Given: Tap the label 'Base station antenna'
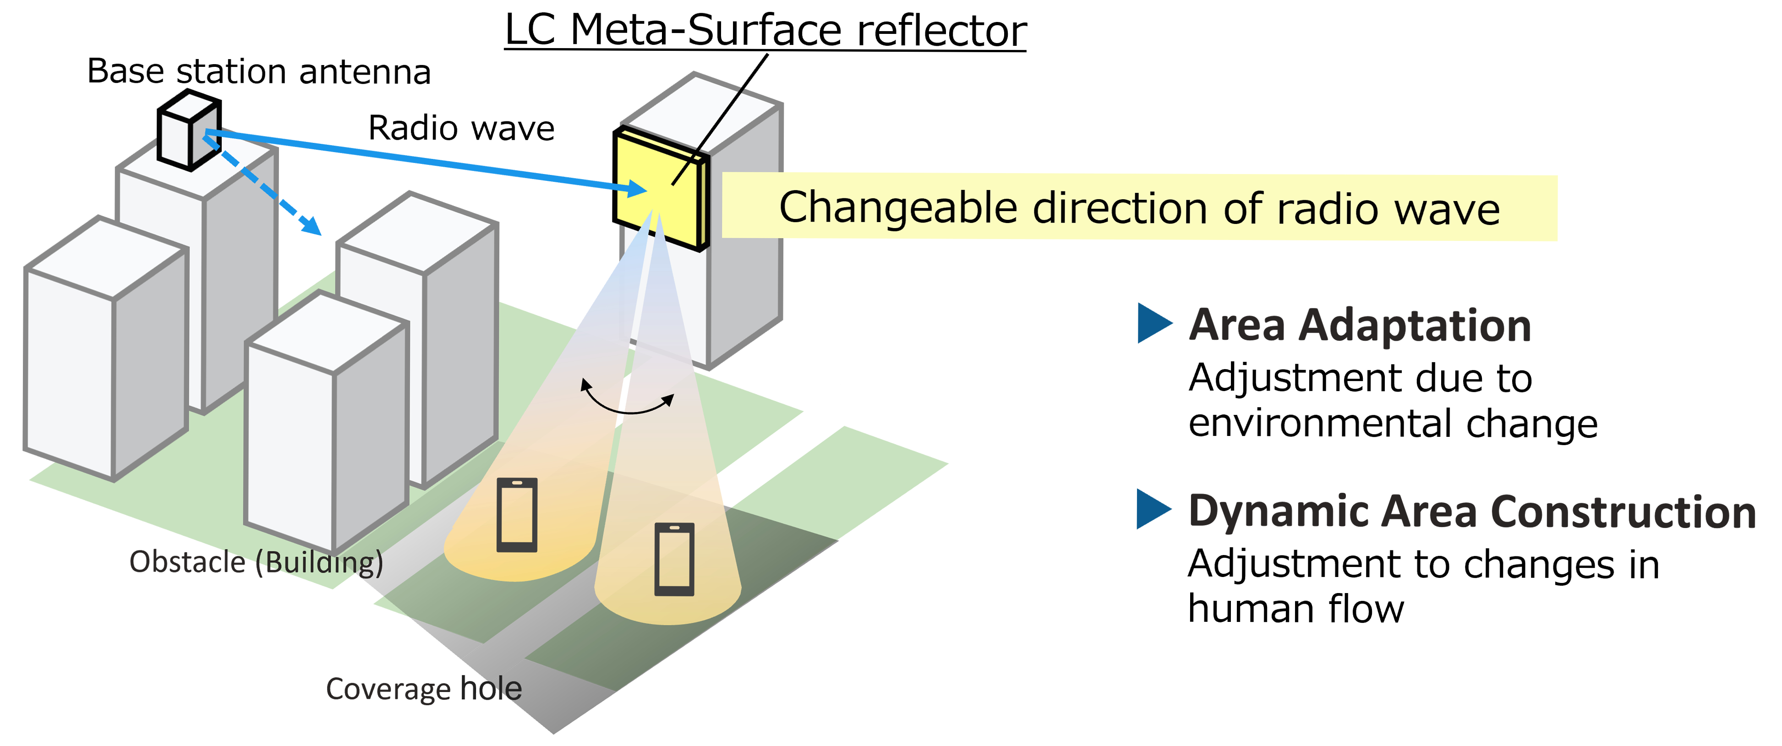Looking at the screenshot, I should click(x=259, y=72).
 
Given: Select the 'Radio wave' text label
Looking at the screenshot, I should click(x=461, y=129).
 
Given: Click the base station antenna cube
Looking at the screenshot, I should click(x=188, y=130).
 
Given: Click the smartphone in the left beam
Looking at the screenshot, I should click(x=517, y=515).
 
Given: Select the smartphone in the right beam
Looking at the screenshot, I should click(x=674, y=559).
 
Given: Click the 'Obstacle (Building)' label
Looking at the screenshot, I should click(x=256, y=562).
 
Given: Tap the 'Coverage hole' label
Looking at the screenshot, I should click(x=423, y=689).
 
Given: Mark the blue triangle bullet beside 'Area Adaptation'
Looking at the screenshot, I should click(x=1153, y=323).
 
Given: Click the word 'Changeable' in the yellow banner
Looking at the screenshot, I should click(x=898, y=208).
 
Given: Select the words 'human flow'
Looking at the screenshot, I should click(x=1295, y=609).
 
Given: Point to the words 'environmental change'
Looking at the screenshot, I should click(x=1393, y=424).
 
